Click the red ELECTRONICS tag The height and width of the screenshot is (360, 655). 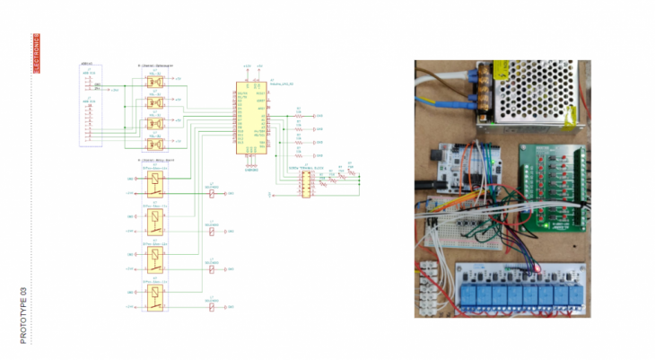[37, 53]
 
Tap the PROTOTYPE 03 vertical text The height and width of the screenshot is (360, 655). [24, 315]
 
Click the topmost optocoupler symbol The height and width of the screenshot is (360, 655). [155, 82]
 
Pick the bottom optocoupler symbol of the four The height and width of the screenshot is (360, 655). [155, 144]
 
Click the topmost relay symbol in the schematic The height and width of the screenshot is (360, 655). [158, 182]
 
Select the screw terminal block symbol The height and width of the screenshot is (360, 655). [304, 183]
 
